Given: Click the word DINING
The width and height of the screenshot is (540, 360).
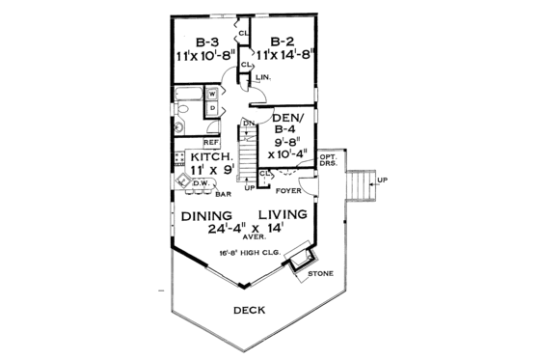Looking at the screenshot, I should pos(205,214).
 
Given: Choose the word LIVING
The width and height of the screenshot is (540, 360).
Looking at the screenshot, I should pos(283,214).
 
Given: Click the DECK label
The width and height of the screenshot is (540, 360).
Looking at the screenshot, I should pos(249,310).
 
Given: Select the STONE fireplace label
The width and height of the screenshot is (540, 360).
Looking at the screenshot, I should pos(321,274).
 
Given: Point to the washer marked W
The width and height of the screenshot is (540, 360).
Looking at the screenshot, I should pos(211,94).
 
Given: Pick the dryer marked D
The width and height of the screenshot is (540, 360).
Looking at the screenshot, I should pos(211,108).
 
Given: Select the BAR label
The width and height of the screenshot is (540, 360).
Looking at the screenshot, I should pos(223,193).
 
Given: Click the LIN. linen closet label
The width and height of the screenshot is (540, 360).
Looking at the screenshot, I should pos(263,75).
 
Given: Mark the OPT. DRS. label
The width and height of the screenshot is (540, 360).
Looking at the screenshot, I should pos(329,161).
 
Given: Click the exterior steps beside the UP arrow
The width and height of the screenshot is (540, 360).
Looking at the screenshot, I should pos(361,181).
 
